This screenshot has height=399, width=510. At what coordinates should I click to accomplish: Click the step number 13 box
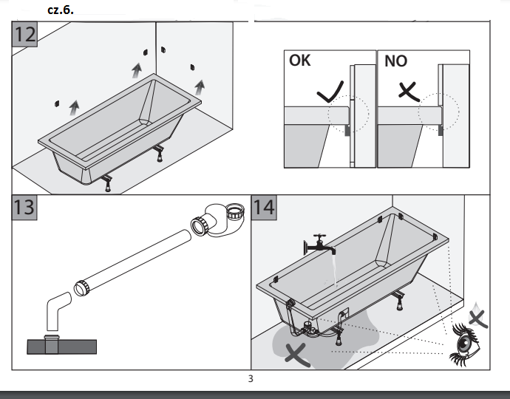click(25, 206)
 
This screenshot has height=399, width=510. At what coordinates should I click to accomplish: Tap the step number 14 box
click(264, 206)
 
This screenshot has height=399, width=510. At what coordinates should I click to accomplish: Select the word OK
click(300, 61)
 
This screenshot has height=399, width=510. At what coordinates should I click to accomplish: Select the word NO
click(395, 61)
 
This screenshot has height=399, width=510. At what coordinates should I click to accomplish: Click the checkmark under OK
click(330, 93)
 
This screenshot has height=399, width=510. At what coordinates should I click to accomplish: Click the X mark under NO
click(408, 92)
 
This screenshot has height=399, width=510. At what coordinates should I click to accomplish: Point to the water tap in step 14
click(319, 245)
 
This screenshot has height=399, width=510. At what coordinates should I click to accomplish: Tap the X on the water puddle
click(297, 353)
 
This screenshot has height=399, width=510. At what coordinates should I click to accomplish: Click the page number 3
click(251, 379)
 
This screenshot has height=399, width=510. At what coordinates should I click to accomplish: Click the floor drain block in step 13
click(62, 346)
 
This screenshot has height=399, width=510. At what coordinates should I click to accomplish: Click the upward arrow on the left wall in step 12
click(73, 108)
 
